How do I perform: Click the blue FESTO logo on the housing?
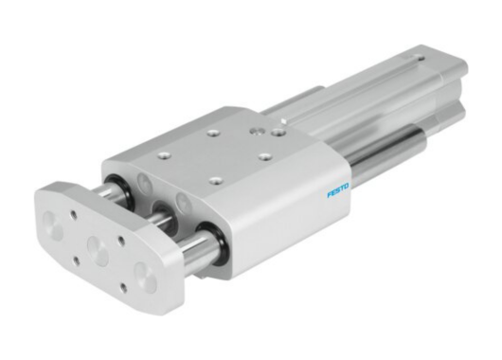(x=338, y=190)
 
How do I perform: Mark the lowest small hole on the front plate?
(x=120, y=285)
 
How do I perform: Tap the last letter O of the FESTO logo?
(x=347, y=186)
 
